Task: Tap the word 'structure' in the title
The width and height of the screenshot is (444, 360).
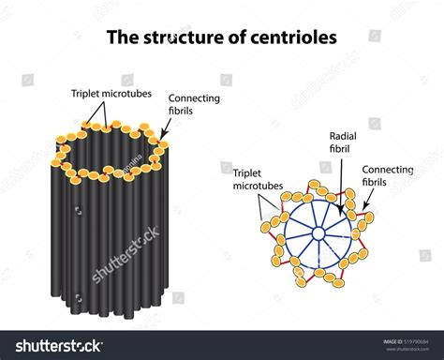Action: [181, 38]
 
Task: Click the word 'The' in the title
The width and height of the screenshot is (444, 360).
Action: [123, 38]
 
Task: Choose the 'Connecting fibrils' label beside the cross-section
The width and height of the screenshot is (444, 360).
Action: [387, 176]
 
